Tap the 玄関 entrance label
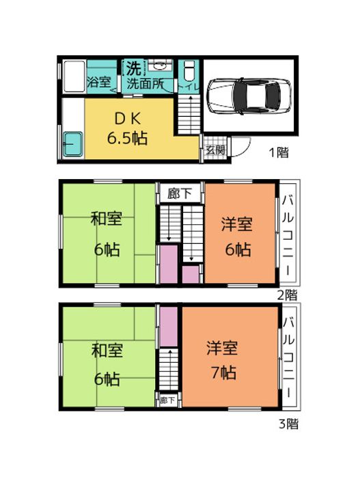click(215, 150)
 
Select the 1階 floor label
click(277, 152)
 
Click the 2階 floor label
click(286, 295)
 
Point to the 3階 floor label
click(287, 423)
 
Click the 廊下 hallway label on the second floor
click(180, 193)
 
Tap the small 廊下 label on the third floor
click(167, 400)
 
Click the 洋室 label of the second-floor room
click(237, 223)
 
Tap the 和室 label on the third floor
click(107, 351)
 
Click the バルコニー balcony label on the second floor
click(290, 235)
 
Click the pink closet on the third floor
click(168, 327)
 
